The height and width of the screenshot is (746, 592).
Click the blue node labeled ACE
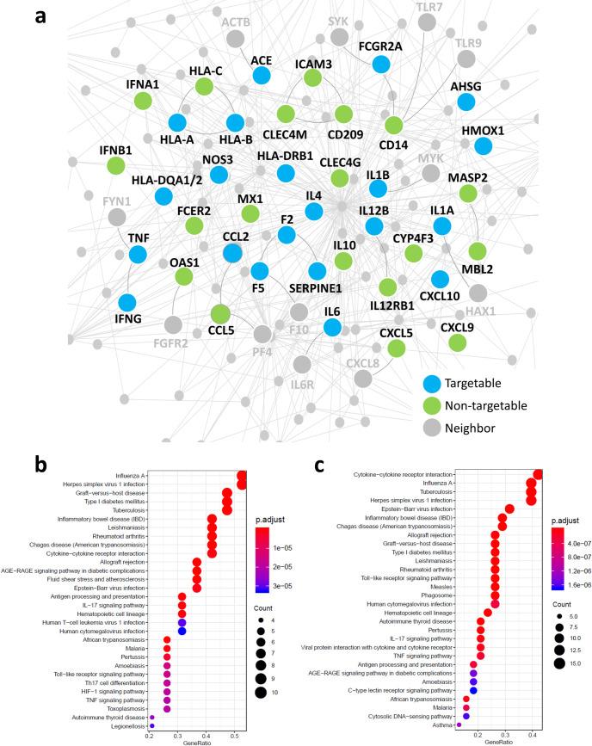coord(262,76)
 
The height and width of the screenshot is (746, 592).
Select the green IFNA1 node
coord(144,101)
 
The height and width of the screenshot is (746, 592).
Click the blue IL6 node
coord(333,326)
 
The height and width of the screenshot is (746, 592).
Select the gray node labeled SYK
coord(339,37)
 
